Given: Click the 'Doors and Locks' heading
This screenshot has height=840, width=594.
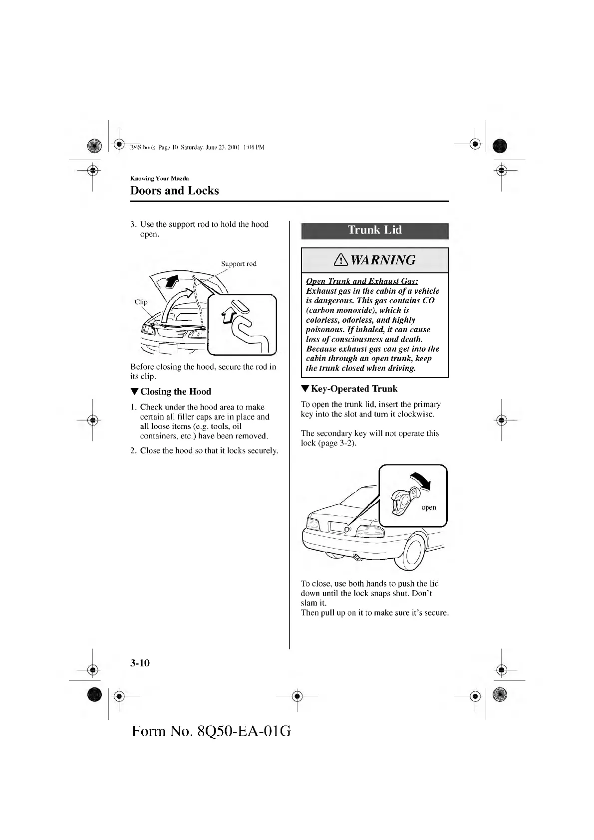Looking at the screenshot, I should coord(174,191).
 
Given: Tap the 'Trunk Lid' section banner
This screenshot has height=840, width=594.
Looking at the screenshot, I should coord(374,230).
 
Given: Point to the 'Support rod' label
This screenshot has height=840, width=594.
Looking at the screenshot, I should coord(239,263).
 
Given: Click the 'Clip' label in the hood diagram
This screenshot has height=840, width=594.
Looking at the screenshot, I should coord(141,302).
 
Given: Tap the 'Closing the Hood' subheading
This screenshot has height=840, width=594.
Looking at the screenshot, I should coord(175,392).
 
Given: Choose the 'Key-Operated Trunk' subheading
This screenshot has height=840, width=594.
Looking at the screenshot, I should coord(354,389).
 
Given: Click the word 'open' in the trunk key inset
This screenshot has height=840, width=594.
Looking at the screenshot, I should coord(429,508).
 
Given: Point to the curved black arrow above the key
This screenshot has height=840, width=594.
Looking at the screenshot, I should coord(420,480).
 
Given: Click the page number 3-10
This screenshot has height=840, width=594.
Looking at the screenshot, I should coord(140,663).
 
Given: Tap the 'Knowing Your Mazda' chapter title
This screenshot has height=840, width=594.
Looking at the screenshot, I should coord(159,178).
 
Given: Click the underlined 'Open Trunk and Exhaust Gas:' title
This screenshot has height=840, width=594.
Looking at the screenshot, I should coord(362,281).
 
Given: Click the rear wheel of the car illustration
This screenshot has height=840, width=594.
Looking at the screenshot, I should coord(413,552).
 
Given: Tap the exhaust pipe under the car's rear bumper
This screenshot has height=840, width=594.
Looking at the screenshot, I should coord(358,558).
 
